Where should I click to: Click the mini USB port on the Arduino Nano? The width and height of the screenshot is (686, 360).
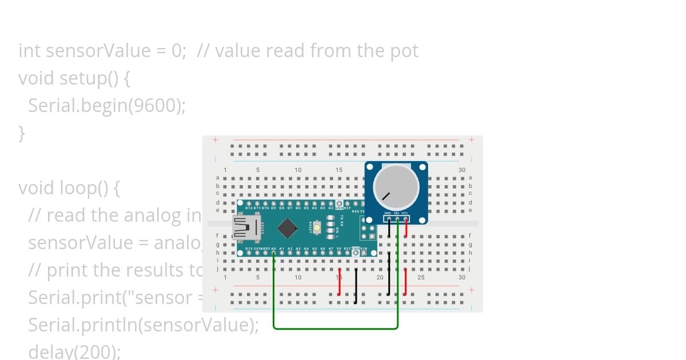click(x=245, y=228)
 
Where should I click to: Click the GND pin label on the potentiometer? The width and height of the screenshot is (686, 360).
click(x=388, y=213)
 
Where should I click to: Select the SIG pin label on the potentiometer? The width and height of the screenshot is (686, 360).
click(x=396, y=213)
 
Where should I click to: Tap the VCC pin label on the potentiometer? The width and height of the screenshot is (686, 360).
click(x=405, y=213)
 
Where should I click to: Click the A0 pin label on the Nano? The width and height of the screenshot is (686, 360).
click(x=274, y=249)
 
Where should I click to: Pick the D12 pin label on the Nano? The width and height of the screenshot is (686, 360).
click(x=249, y=208)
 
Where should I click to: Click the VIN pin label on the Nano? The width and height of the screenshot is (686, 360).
click(x=364, y=249)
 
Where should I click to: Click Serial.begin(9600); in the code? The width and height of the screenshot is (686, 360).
click(x=107, y=106)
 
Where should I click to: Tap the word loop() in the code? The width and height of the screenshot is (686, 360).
click(x=89, y=188)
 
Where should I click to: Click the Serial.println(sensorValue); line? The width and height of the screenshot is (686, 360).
click(x=143, y=325)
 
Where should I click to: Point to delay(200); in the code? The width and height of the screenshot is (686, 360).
click(x=74, y=351)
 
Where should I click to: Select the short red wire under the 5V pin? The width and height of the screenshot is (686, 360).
click(x=340, y=282)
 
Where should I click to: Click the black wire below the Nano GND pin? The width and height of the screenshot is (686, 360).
click(x=356, y=285)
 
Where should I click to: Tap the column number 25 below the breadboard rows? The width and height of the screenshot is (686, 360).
click(x=421, y=277)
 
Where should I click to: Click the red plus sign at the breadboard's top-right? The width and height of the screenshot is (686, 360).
click(x=472, y=139)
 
